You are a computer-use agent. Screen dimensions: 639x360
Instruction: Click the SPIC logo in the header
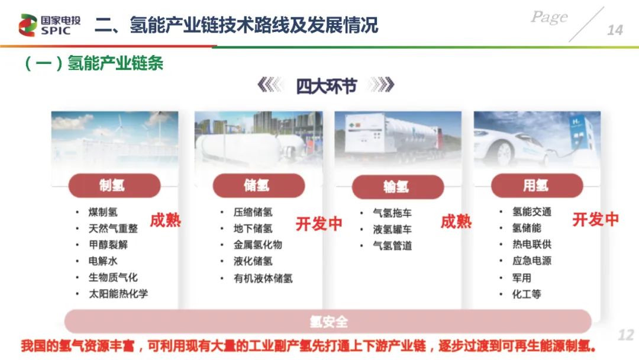[49, 25]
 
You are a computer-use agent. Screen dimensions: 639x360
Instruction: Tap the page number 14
[615, 30]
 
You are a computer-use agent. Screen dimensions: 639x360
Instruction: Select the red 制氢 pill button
[114, 185]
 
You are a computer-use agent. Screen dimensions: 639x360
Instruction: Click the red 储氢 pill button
[259, 185]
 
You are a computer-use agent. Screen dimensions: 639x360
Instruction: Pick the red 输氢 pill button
[398, 187]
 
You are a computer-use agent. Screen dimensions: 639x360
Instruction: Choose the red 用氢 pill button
[537, 185]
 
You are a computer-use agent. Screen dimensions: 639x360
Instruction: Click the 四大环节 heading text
[326, 86]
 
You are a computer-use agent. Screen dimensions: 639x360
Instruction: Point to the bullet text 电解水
[103, 261]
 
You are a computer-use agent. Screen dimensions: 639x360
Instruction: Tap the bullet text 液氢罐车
[392, 229]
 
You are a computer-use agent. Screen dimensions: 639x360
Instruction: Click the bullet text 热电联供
[532, 244]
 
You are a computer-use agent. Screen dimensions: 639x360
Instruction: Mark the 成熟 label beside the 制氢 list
[165, 220]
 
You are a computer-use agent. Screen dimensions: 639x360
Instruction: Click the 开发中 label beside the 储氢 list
[319, 224]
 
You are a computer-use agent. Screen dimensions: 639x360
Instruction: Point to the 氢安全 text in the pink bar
[328, 322]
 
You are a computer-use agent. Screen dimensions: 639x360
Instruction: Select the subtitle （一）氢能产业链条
[94, 63]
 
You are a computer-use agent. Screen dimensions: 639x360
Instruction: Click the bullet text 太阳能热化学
[118, 294]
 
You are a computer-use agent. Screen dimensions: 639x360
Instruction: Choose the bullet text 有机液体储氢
[263, 278]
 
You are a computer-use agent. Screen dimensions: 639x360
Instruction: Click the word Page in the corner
[549, 17]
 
